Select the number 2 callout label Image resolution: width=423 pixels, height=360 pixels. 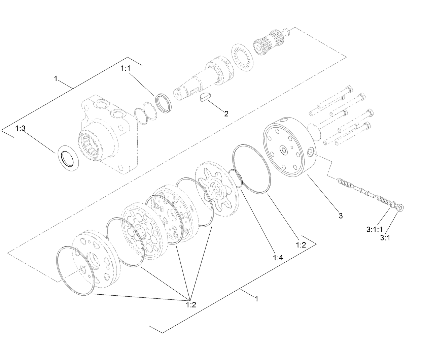[x=226, y=114]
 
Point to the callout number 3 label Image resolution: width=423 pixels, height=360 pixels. [x=341, y=216]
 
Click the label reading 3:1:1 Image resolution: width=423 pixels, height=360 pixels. [x=374, y=230]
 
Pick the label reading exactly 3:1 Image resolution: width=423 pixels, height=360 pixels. [x=385, y=238]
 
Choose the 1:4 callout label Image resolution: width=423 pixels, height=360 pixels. [x=278, y=258]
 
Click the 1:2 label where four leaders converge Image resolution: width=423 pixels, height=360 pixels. [x=191, y=305]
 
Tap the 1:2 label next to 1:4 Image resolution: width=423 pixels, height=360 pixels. [x=301, y=245]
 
